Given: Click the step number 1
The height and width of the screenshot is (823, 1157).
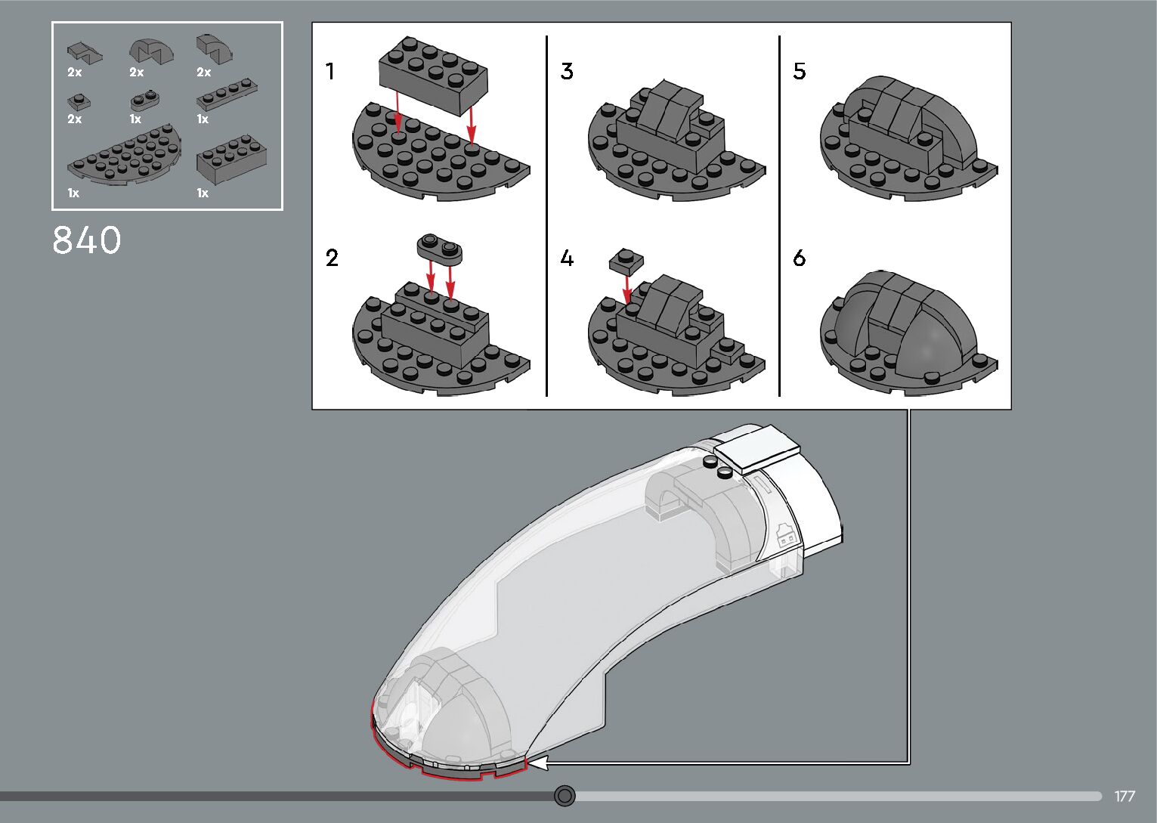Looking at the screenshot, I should [x=329, y=72].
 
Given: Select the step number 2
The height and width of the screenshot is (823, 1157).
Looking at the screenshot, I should [x=332, y=258].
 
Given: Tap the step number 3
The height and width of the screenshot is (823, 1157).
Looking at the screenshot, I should [x=567, y=72].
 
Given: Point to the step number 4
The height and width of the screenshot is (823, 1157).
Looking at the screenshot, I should [x=567, y=258].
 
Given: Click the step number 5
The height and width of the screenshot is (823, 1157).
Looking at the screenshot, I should [x=800, y=72].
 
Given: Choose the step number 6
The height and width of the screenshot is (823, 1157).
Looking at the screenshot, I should [x=800, y=258].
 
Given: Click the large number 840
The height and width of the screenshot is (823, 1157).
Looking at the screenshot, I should [x=87, y=240].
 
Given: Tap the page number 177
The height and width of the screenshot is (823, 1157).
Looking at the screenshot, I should [x=1125, y=797].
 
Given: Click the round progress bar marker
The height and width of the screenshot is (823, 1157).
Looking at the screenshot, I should [x=565, y=796].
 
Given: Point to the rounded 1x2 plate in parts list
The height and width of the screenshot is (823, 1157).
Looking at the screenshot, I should [x=145, y=99].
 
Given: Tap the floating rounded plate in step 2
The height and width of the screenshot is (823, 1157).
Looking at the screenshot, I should [x=439, y=248].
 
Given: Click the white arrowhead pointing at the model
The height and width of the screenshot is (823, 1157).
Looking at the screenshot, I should [x=537, y=765].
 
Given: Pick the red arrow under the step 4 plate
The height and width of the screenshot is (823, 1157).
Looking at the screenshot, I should [x=627, y=288].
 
